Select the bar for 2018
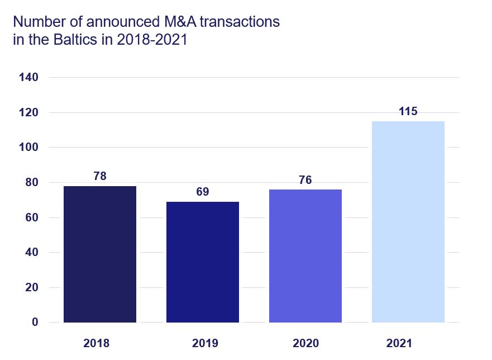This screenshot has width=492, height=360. pyautogui.click(x=100, y=254)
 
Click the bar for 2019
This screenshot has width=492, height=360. pyautogui.click(x=203, y=262)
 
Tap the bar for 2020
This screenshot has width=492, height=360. pyautogui.click(x=305, y=256)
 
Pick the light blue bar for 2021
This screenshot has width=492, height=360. pyautogui.click(x=408, y=222)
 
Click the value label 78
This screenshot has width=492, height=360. pyautogui.click(x=100, y=177)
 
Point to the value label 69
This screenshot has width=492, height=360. pyautogui.click(x=203, y=192)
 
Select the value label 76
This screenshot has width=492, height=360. pyautogui.click(x=305, y=180)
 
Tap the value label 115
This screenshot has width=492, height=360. pyautogui.click(x=408, y=112)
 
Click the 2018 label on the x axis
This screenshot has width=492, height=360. pyautogui.click(x=97, y=343)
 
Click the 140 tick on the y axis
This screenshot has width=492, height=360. pyautogui.click(x=28, y=78)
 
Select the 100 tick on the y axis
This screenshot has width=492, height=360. pyautogui.click(x=28, y=148)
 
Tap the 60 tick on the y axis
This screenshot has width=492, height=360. pyautogui.click(x=31, y=217)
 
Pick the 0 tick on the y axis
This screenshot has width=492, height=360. pyautogui.click(x=35, y=323)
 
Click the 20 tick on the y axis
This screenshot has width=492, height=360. pyautogui.click(x=31, y=287)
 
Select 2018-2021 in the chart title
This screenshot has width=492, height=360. pyautogui.click(x=151, y=41)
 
